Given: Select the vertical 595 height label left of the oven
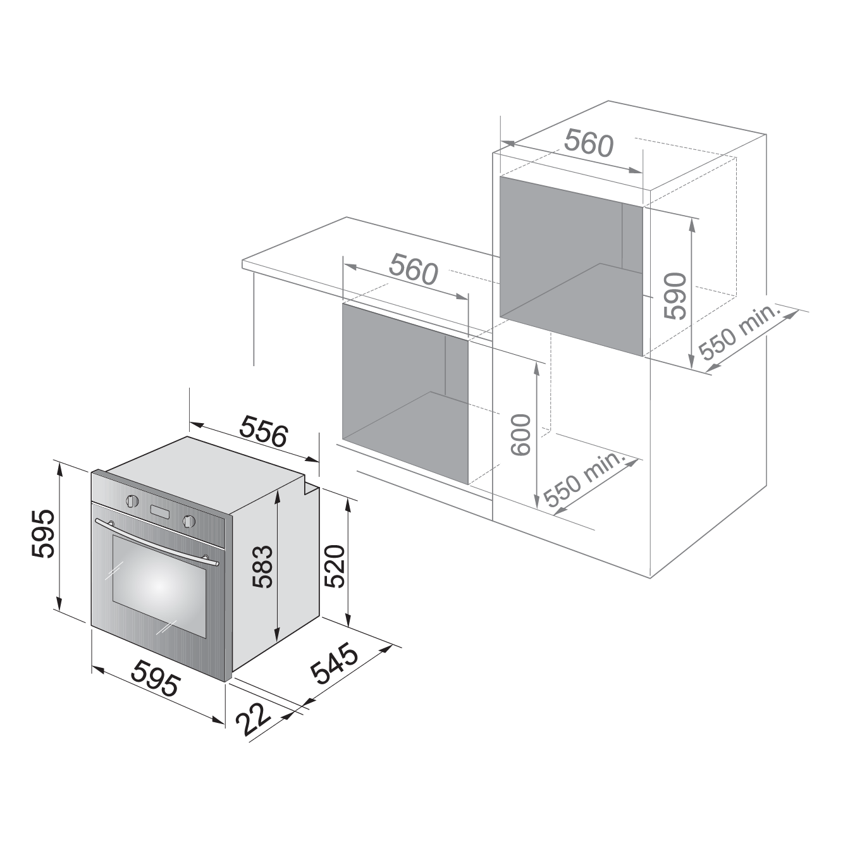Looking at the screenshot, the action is click(x=43, y=533).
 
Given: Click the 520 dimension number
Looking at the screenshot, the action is click(x=335, y=566).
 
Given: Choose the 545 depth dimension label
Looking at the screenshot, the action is click(x=335, y=663).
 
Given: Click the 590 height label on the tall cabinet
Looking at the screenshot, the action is click(x=675, y=296).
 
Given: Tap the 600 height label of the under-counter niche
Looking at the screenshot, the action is click(x=520, y=435).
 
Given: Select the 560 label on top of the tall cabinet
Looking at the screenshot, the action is click(x=589, y=143).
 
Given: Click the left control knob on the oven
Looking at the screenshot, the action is click(x=132, y=500).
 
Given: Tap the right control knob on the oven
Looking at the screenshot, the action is click(x=189, y=520).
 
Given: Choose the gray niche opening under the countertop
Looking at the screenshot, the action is click(x=405, y=394).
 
